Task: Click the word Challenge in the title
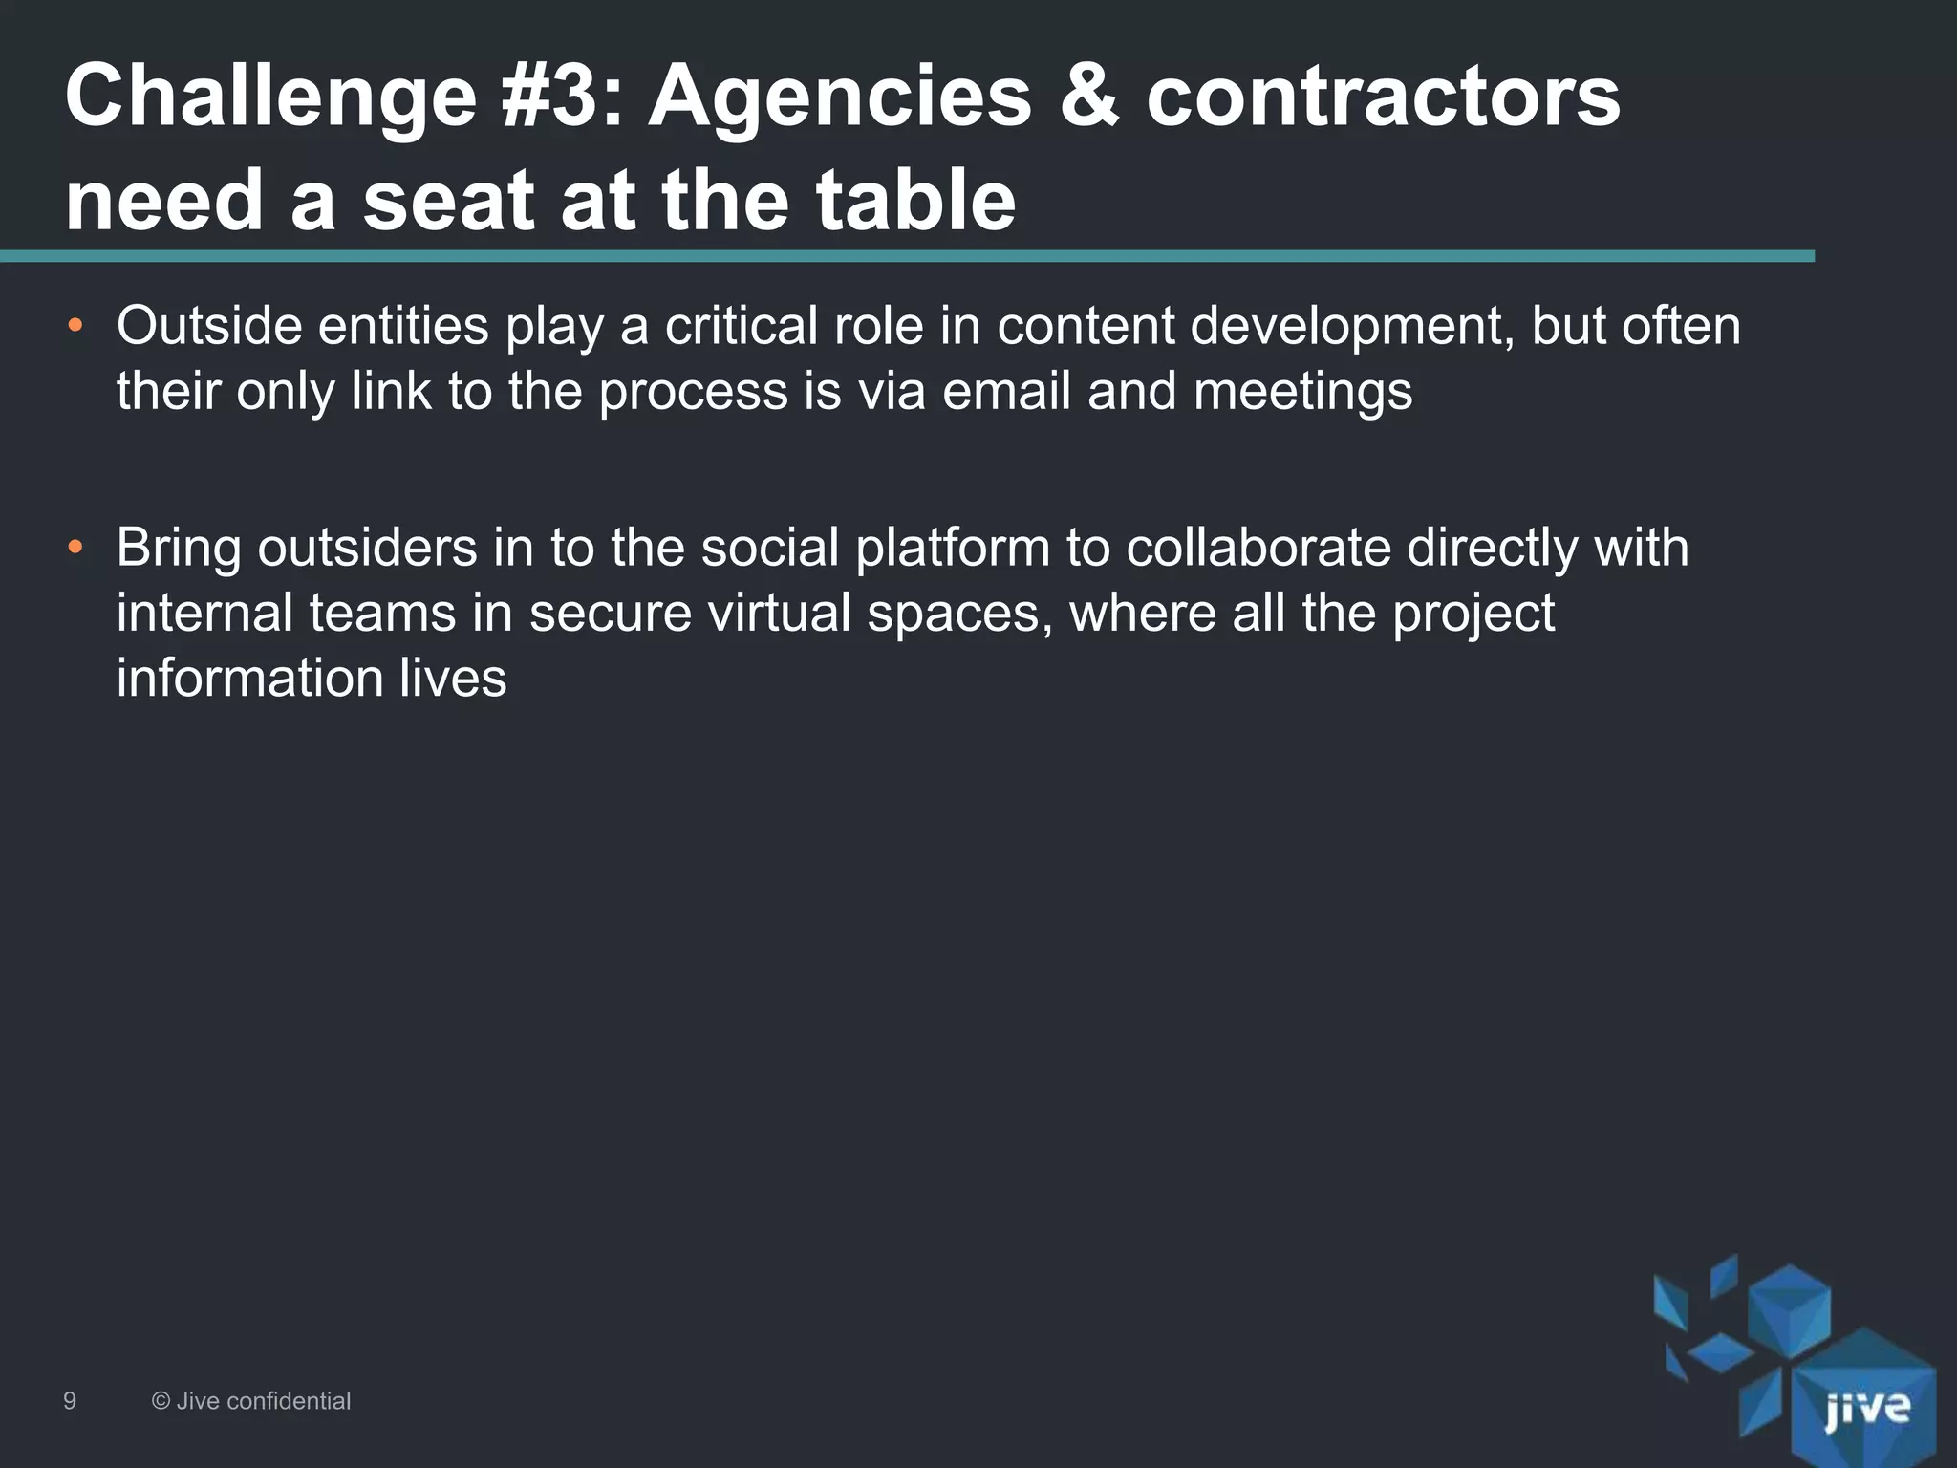[x=270, y=98]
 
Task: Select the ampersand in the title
[x=1088, y=97]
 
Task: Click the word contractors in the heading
[x=1383, y=97]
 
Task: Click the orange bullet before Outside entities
[x=75, y=326]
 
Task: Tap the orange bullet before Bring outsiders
[x=75, y=548]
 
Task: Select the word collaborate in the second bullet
[x=1258, y=548]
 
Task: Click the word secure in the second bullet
[x=611, y=613]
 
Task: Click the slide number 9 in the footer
[x=70, y=1401]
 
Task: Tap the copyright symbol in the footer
[x=161, y=1401]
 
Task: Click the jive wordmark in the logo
[x=1866, y=1409]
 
